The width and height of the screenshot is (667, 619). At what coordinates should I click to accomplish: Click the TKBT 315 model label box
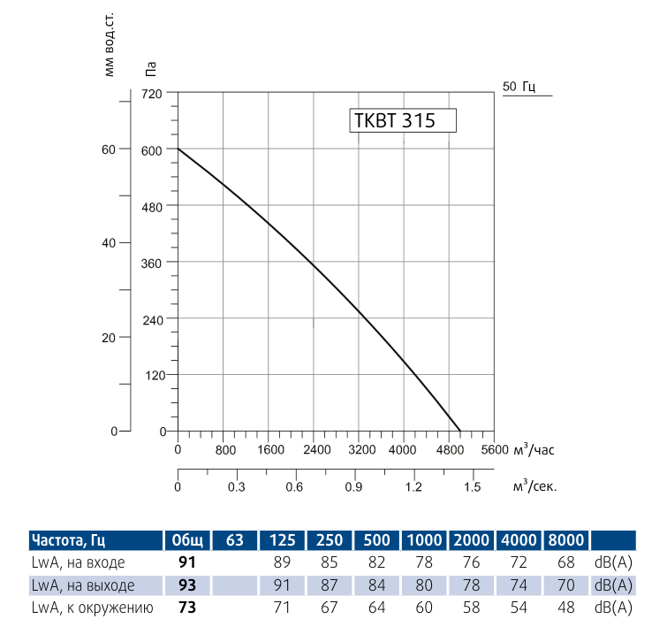tap(404, 120)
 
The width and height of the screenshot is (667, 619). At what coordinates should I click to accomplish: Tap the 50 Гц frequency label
tap(519, 87)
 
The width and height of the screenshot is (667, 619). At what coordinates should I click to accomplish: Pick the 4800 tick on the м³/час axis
tap(449, 449)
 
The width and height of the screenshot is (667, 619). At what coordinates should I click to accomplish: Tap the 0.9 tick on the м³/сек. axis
tap(354, 487)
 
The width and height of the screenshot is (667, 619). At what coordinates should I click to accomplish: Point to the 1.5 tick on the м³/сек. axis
tap(472, 487)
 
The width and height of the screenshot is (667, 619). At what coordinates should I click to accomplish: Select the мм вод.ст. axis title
tap(110, 44)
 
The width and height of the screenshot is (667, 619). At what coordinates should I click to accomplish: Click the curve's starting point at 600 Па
tap(178, 149)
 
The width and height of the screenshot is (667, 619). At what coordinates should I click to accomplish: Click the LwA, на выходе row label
tap(83, 585)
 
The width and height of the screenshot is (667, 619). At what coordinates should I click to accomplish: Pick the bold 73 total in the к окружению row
tap(186, 608)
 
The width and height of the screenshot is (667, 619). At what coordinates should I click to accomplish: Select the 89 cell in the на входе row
tap(282, 563)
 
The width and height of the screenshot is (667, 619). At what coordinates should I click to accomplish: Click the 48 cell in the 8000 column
tap(566, 608)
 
